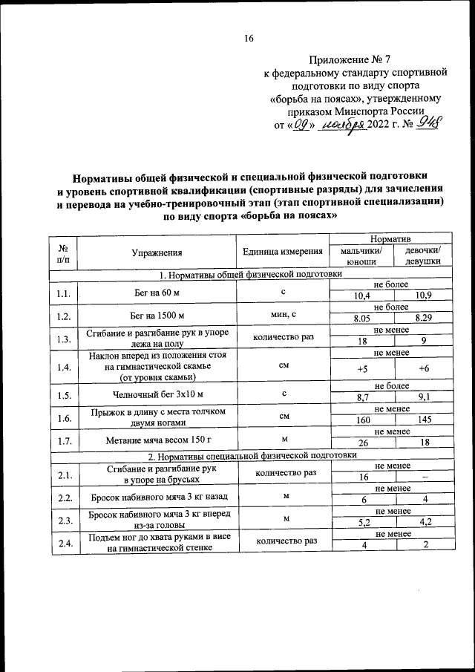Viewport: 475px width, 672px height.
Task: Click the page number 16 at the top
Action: click(x=249, y=39)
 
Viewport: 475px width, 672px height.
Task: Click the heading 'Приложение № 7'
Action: click(x=342, y=59)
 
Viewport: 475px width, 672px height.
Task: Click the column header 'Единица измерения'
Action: click(x=282, y=252)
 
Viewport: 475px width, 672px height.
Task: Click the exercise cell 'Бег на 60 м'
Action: click(x=157, y=293)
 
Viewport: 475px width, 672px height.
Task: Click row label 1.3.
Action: click(x=63, y=340)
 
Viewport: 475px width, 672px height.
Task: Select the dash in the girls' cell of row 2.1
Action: click(x=423, y=477)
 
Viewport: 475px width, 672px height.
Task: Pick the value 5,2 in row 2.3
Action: click(x=362, y=523)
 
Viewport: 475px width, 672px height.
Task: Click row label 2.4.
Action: click(x=63, y=544)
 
